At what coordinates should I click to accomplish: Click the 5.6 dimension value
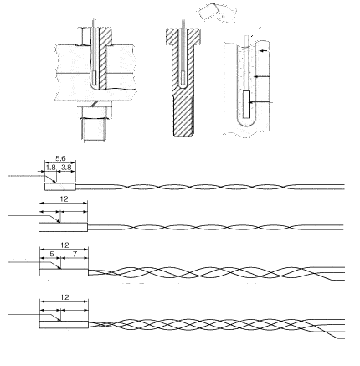(x=60, y=158)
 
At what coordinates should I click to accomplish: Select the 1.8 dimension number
(x=51, y=168)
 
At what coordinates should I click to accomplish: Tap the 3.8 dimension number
(x=66, y=168)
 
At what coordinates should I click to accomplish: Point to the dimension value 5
(x=52, y=254)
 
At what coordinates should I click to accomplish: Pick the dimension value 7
(x=75, y=254)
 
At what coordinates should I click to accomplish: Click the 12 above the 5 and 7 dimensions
(x=64, y=245)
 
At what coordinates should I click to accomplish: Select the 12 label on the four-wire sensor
(x=64, y=297)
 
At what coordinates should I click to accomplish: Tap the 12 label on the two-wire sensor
(x=64, y=199)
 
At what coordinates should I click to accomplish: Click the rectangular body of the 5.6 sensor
(x=60, y=187)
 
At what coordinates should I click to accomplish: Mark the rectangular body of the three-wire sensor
(x=64, y=272)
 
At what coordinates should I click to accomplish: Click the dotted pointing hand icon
(x=218, y=13)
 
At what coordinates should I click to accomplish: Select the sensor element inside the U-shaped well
(x=246, y=104)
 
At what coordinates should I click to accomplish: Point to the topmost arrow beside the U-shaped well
(x=264, y=51)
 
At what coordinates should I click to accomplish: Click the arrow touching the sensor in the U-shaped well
(x=260, y=102)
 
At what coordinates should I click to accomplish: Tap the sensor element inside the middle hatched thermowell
(x=183, y=78)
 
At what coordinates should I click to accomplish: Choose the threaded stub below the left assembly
(x=95, y=129)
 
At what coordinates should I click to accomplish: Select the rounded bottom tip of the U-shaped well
(x=246, y=126)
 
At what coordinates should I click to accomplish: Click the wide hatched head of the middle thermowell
(x=183, y=36)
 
